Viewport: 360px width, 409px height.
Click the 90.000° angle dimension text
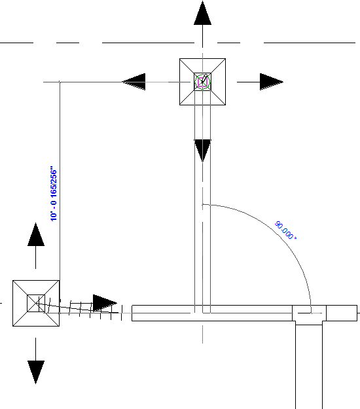(285, 230)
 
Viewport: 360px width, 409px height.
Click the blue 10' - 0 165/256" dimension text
(54, 194)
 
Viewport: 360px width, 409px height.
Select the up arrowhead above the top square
(202, 13)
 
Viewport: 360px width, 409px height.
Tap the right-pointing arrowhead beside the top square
(272, 82)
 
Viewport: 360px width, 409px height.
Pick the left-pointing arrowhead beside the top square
(134, 82)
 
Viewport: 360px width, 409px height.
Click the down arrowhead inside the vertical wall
(202, 151)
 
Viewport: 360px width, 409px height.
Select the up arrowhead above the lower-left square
(36, 234)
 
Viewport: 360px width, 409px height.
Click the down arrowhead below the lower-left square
(36, 372)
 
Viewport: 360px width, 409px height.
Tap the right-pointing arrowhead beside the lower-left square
(105, 303)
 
